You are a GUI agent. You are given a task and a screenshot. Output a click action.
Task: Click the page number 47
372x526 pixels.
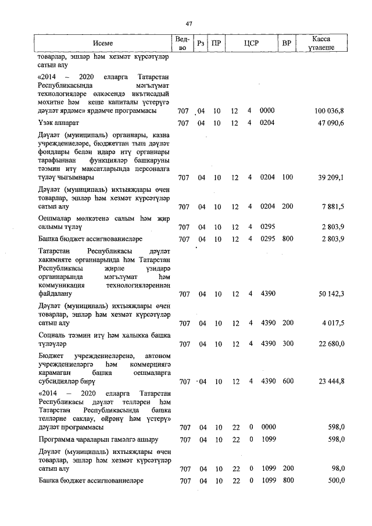[188, 23]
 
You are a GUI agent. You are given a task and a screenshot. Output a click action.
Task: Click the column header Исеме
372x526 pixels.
[102, 44]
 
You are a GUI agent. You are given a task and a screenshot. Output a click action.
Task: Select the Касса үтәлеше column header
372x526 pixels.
[321, 44]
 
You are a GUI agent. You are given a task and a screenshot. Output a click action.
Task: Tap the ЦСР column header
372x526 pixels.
[251, 44]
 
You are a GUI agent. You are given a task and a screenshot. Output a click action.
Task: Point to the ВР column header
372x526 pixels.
[286, 44]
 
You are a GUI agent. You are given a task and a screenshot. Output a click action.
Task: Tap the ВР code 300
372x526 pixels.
[287, 344]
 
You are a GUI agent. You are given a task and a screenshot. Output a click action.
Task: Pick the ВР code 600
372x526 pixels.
[287, 382]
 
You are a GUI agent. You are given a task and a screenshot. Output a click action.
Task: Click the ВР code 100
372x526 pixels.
[287, 177]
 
